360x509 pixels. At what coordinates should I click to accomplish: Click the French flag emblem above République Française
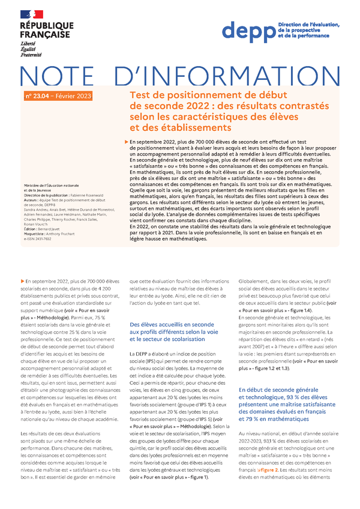(31, 13)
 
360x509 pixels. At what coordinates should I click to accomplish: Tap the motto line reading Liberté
(29, 44)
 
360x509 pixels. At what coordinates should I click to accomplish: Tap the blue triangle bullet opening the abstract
(124, 142)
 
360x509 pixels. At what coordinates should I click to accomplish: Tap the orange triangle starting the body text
(22, 280)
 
